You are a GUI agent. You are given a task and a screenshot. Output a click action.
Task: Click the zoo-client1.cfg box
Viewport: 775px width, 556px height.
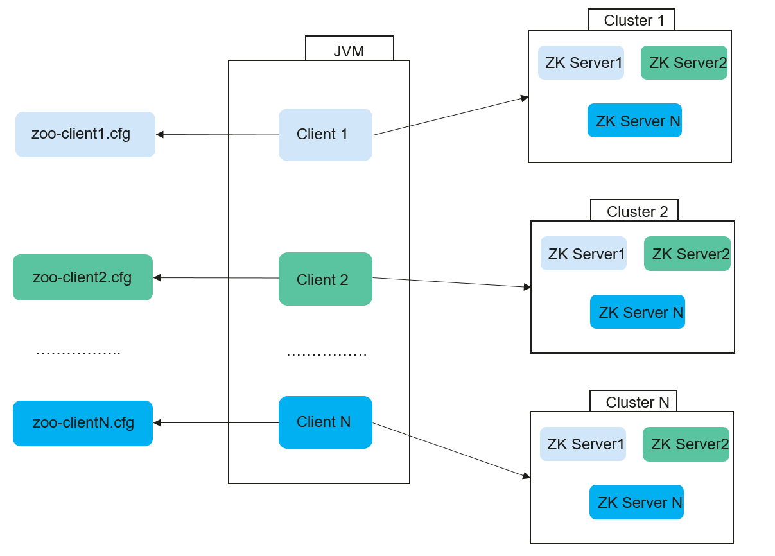point(85,134)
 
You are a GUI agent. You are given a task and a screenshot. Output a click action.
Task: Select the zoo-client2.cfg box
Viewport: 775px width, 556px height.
point(83,277)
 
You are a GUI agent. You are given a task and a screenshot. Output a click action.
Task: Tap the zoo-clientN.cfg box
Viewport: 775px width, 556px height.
point(83,424)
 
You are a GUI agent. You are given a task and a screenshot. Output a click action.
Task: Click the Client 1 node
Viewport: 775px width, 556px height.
point(326,135)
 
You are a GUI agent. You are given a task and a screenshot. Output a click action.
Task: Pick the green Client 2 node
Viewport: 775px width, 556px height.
point(326,279)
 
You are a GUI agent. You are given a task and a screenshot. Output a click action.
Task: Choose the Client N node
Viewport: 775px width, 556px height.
point(326,422)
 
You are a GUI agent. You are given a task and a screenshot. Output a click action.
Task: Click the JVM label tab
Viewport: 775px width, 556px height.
point(349,48)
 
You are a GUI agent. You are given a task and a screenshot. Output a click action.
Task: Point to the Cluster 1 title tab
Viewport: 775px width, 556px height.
point(631,20)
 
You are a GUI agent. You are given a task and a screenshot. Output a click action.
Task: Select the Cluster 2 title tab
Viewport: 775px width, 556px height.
point(634,211)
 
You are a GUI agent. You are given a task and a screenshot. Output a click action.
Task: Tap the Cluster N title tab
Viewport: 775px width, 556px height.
point(634,401)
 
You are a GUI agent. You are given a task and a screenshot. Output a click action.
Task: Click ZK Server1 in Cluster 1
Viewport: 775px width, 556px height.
point(581,63)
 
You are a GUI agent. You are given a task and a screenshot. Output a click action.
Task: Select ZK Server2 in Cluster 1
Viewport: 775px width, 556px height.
point(684,63)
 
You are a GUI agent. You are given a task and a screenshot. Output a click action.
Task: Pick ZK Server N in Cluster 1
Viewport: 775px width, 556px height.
point(635,121)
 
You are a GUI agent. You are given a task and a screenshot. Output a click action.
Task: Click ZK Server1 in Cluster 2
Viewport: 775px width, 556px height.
point(584,253)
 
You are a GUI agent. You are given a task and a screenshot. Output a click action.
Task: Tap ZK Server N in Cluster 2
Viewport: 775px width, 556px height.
point(638,312)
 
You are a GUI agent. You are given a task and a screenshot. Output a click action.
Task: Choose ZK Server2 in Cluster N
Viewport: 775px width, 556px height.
point(686,444)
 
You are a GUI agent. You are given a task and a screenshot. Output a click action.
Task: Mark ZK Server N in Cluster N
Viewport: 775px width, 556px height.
point(636,502)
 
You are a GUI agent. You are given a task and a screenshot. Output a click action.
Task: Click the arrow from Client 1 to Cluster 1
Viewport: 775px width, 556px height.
point(451,116)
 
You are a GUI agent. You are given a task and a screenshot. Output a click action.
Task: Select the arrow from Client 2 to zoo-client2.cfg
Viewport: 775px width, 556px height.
point(216,278)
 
